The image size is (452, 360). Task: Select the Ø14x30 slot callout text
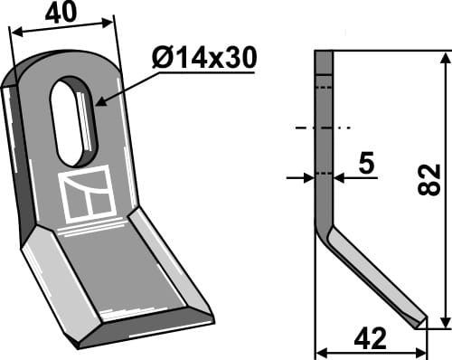tap(203, 59)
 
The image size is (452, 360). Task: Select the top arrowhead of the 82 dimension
tap(444, 57)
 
